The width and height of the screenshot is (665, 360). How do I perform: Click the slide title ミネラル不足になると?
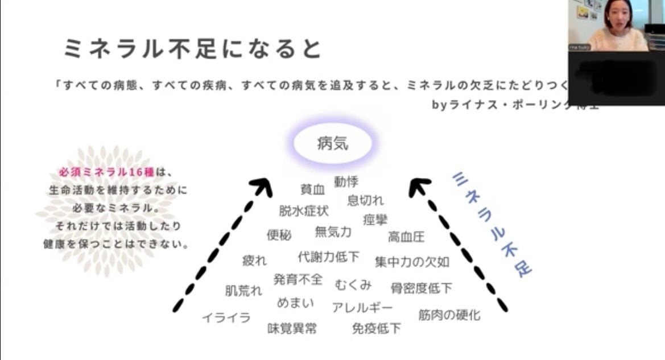coord(192,49)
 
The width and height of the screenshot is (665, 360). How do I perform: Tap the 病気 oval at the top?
coord(333,143)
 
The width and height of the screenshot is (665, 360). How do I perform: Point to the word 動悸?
coord(346,181)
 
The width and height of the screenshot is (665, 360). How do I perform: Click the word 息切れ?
coord(365,200)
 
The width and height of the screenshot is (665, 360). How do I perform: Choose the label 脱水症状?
coord(303,211)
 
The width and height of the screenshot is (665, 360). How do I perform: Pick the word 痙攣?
coord(375,219)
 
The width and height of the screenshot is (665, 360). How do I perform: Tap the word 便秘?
coord(279,235)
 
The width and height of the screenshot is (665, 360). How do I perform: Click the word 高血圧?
coord(406,236)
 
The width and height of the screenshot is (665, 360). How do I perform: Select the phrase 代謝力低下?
coord(328,257)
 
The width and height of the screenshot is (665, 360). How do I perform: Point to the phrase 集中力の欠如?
coord(412,262)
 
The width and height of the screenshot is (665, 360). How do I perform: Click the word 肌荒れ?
coord(243,291)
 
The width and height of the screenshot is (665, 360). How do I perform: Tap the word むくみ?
coord(353,284)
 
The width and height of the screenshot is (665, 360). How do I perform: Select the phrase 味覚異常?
coord(292,328)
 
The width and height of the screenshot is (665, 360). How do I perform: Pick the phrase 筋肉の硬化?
coord(449,315)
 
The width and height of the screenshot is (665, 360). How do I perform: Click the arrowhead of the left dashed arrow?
coord(263,187)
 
